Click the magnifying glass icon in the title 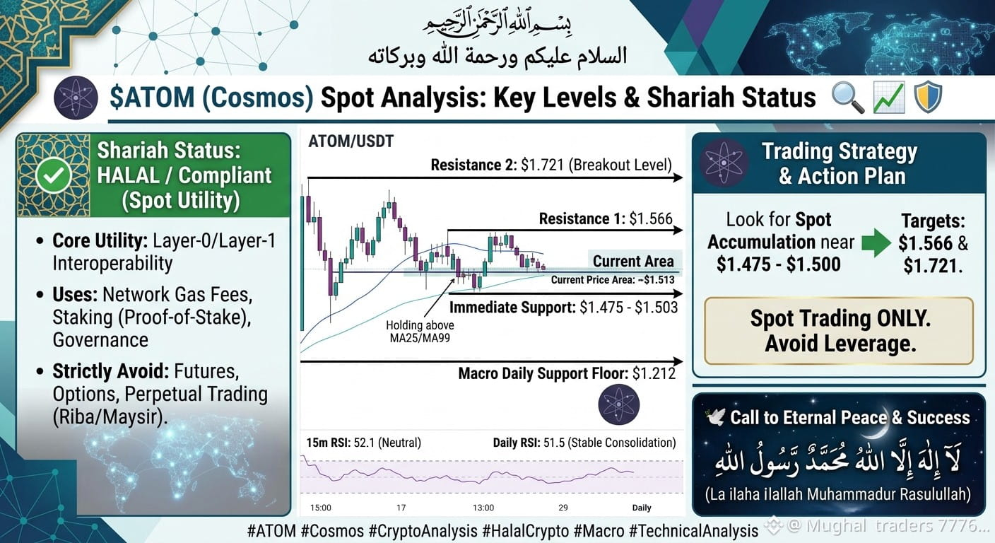coord(847,97)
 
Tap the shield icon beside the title coord(928,97)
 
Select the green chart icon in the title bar coord(888,97)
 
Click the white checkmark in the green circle coord(54,175)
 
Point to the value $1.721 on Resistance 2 coord(543,165)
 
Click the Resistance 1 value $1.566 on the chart coord(651,218)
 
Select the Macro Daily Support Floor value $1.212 coord(654,373)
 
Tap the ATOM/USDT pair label coord(351,141)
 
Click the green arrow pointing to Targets coord(876,243)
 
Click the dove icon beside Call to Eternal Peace coord(715,417)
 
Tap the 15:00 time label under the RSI coord(321,508)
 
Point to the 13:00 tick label coord(483,508)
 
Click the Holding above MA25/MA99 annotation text coord(420,332)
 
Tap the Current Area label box coord(633,261)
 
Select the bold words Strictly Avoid coord(111,371)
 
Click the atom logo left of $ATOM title coord(76,98)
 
